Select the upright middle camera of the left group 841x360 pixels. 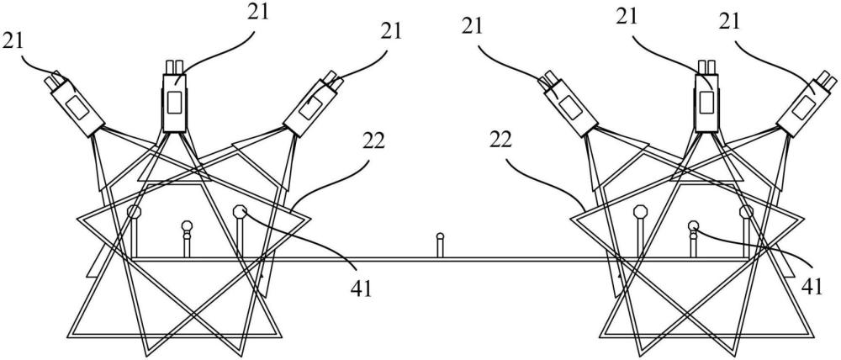tap(175, 101)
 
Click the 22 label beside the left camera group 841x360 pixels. tap(376, 140)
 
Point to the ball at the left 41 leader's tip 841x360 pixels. tap(241, 211)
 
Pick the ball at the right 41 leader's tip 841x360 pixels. tap(693, 225)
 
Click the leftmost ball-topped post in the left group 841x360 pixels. tap(134, 211)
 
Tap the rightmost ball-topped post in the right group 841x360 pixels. tap(746, 212)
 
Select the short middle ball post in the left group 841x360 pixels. tap(187, 225)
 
